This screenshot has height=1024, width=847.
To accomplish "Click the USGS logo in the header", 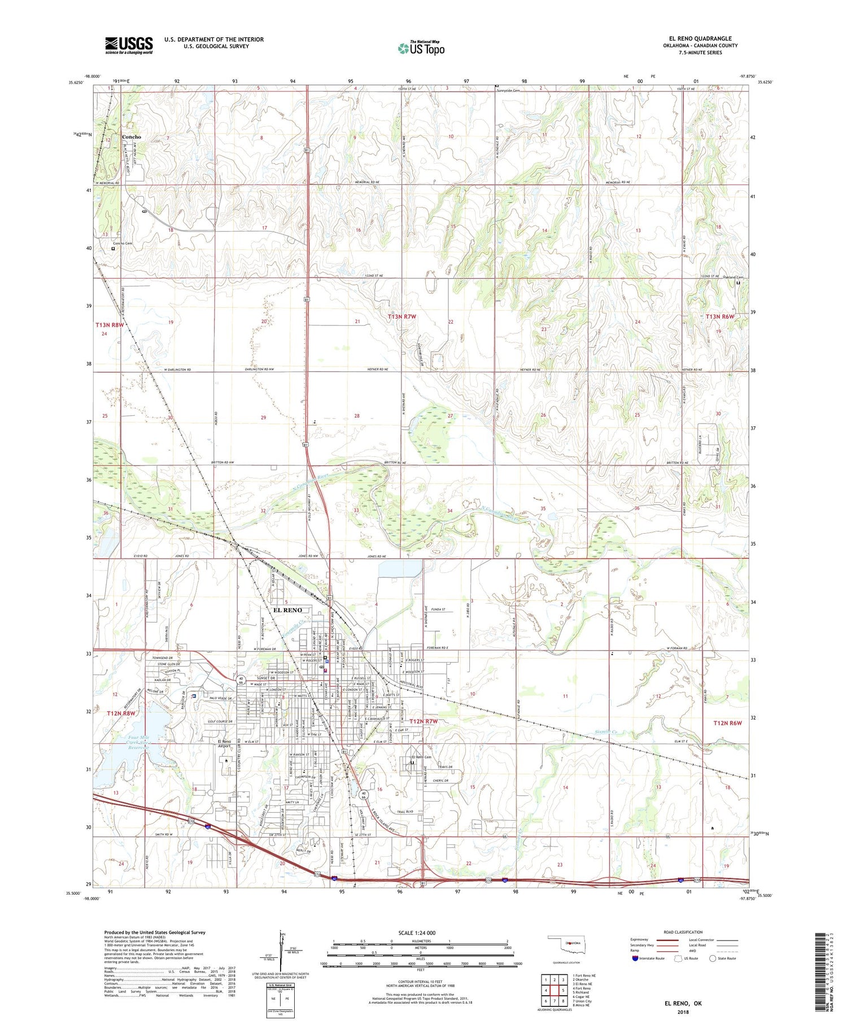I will pyautogui.click(x=129, y=45).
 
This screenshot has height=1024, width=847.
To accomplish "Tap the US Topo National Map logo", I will pyautogui.click(x=421, y=48).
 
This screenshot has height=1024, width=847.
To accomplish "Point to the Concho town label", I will pyautogui.click(x=131, y=137).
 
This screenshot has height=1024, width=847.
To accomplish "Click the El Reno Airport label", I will pyautogui.click(x=220, y=744).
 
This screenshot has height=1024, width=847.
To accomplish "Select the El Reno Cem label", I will pyautogui.click(x=421, y=757).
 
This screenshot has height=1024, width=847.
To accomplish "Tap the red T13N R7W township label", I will pyautogui.click(x=401, y=317).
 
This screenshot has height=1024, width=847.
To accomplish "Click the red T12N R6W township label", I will pyautogui.click(x=727, y=723).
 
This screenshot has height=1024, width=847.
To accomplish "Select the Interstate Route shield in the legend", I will pyautogui.click(x=636, y=958).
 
